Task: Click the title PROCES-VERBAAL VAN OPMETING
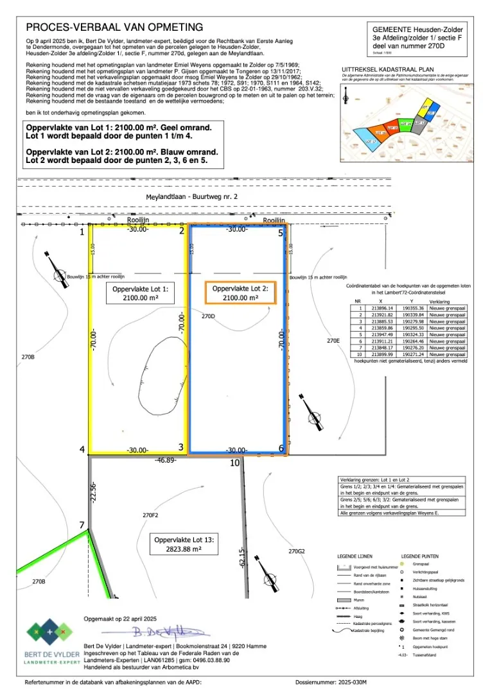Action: point(114,27)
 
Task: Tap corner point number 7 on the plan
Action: point(82,526)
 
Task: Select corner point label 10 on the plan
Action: point(234,462)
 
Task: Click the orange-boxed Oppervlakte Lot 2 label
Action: point(240,293)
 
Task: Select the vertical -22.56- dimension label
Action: point(93,491)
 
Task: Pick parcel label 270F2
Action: point(150,515)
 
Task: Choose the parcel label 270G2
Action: point(296,551)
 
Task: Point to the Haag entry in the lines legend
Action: point(357,615)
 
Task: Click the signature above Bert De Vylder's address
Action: point(157,631)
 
